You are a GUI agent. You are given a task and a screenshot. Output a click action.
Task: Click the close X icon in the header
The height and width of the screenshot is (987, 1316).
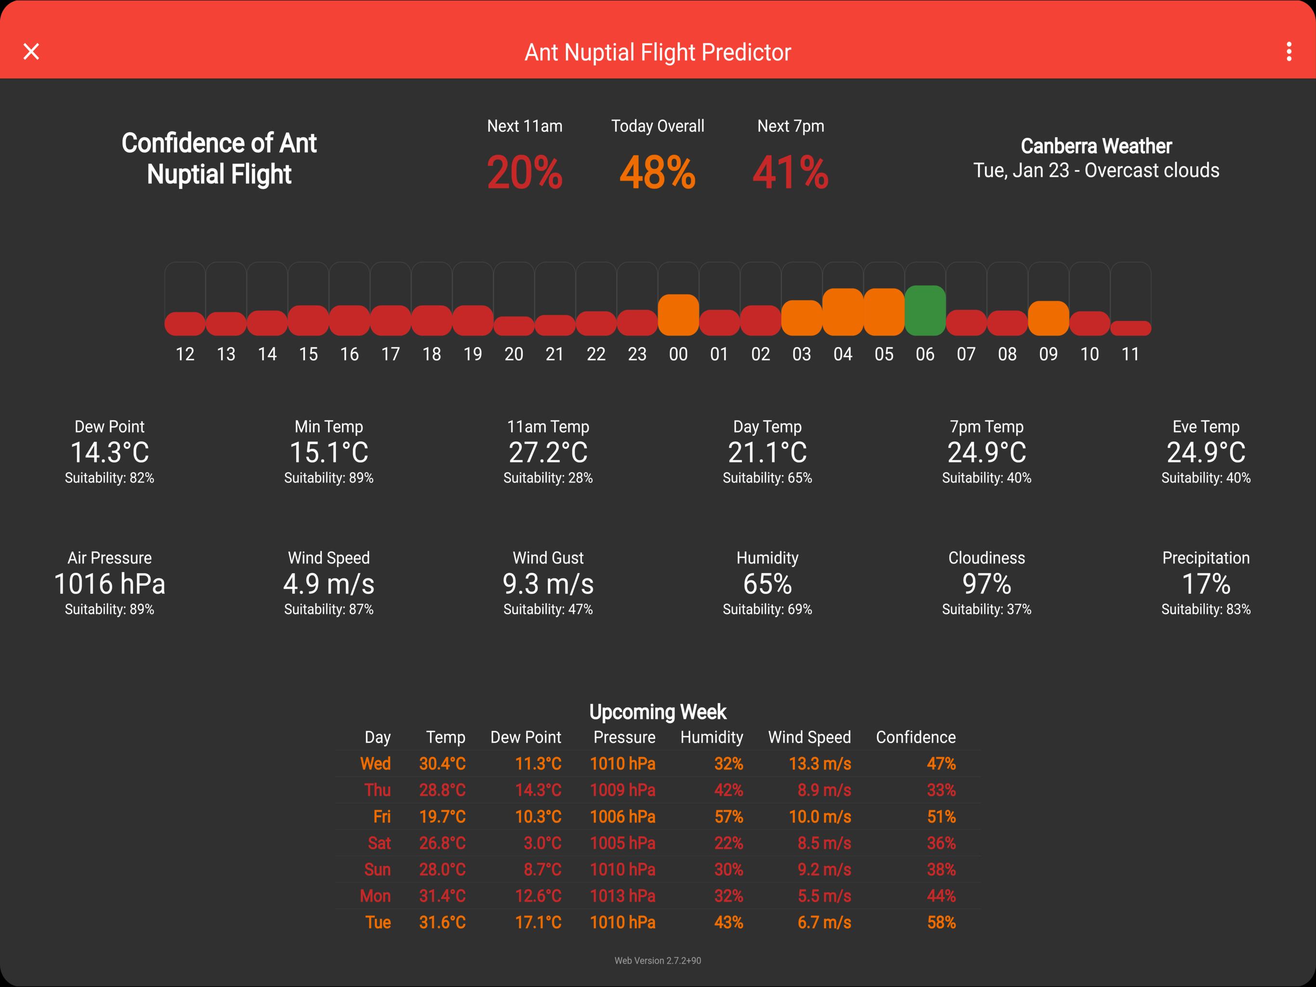coord(31,52)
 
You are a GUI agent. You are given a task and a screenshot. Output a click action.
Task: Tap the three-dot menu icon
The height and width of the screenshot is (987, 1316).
coord(1289,52)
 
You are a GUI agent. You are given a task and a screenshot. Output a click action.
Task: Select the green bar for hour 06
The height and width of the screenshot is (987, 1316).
coord(924,311)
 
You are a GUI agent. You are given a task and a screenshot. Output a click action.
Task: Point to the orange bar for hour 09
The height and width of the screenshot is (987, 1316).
coord(1048,319)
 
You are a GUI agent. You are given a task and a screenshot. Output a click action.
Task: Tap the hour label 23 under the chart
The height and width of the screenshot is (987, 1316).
coord(637,354)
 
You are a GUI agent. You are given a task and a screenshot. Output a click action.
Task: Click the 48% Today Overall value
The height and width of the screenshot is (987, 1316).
coord(658,173)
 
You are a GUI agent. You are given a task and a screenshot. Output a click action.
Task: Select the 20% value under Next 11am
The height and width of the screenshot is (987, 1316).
coord(524,173)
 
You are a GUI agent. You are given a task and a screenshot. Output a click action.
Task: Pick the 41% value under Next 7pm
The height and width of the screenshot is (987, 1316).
coord(790,173)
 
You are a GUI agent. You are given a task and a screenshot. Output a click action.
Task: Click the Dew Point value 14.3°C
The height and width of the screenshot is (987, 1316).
coord(109,453)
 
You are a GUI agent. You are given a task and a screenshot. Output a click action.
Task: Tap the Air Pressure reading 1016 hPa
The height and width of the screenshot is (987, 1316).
coord(109,584)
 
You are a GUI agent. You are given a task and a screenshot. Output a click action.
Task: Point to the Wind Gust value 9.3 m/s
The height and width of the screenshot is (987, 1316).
coord(548,584)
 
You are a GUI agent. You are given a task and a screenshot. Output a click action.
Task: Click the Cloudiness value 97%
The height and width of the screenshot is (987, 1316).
coord(987,584)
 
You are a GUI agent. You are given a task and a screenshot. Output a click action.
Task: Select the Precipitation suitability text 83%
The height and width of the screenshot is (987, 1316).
coord(1206,609)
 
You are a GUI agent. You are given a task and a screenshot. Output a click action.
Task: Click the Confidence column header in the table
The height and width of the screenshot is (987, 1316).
coord(916,737)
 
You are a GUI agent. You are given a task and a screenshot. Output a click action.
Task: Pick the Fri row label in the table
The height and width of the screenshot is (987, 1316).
coord(382,817)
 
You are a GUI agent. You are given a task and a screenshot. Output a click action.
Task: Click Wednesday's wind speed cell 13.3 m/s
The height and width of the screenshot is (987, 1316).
coord(820,764)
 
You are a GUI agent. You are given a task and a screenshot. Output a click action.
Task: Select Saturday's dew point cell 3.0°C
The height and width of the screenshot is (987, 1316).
coord(542,843)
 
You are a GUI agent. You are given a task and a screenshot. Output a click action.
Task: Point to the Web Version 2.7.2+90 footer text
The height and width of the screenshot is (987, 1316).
coord(658,960)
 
